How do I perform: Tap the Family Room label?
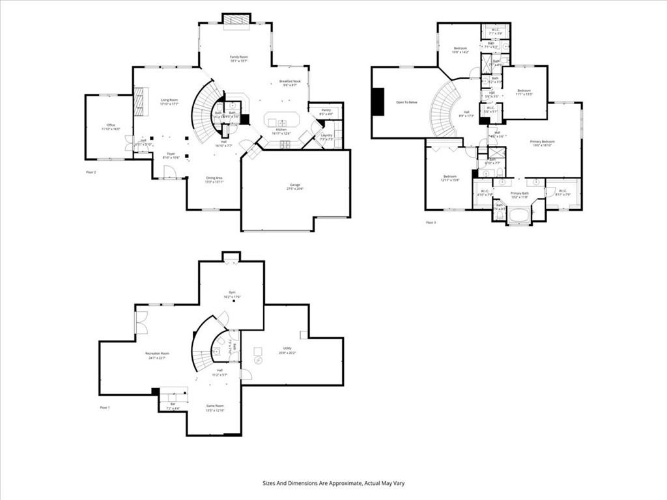239,57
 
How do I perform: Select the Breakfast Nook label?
288,81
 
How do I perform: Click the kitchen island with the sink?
281,121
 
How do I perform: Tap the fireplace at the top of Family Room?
235,21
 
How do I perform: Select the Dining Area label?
214,178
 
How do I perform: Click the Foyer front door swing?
170,172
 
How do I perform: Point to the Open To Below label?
406,102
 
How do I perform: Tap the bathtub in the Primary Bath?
519,215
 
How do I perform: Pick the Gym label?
231,292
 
